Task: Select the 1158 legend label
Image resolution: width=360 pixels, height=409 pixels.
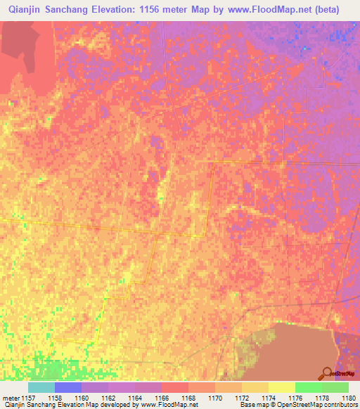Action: coord(68,397)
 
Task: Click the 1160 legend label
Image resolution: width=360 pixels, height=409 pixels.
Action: coord(95,397)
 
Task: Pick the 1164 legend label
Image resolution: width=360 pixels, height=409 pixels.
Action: coord(148,397)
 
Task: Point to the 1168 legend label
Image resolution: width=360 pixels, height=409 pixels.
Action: coord(202,397)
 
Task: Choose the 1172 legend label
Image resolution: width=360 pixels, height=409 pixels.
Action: coord(255,397)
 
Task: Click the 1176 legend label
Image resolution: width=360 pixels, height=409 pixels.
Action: coord(309,397)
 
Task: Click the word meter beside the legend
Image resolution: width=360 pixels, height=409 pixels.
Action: coord(9,397)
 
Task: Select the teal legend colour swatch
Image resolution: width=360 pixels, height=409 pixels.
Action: coord(41,387)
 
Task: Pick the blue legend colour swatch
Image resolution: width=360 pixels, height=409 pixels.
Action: coord(68,387)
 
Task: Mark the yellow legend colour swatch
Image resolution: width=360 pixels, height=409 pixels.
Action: coord(282,387)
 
